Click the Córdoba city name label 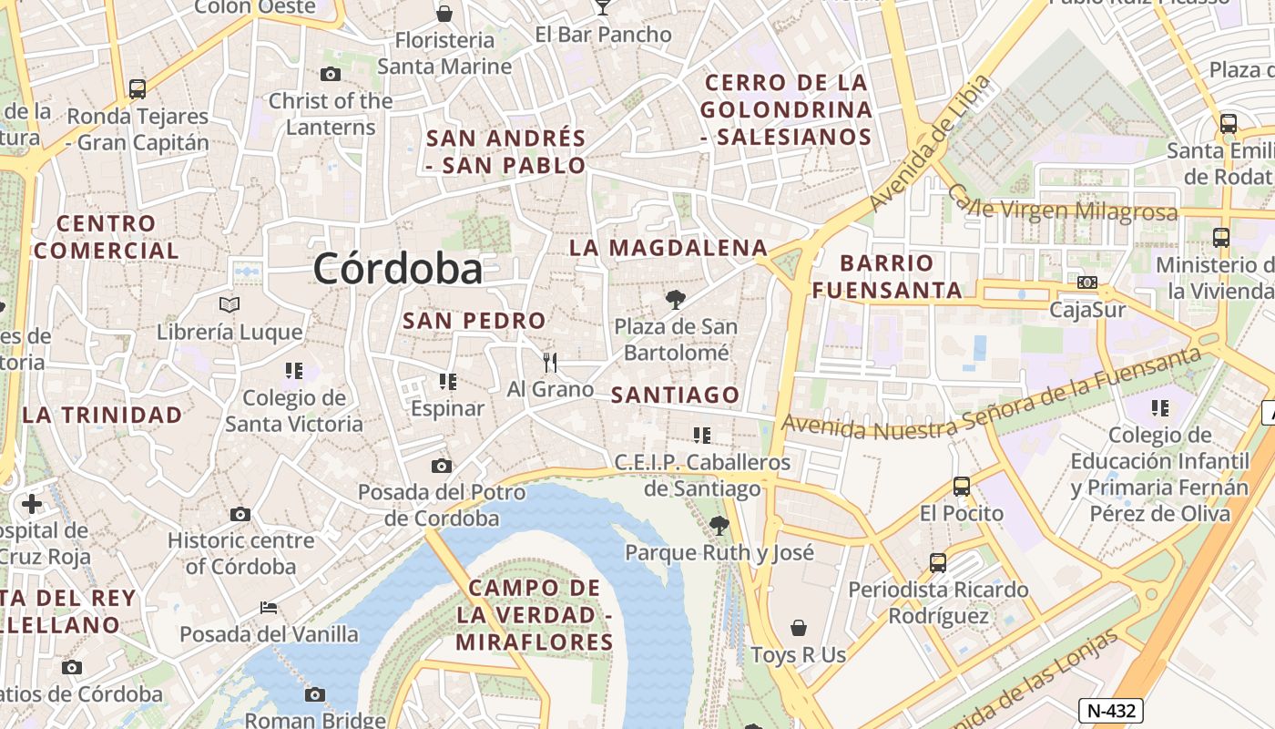pos(398,269)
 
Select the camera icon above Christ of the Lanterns pos(331,74)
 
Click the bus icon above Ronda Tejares pos(138,88)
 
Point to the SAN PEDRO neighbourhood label pos(474,321)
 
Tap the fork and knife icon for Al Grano pos(550,363)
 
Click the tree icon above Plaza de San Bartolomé pos(675,299)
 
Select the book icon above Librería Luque pos(229,304)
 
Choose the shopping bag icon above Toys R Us pos(799,628)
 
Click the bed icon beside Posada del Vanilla pos(269,607)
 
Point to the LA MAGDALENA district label pos(668,248)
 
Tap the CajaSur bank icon pos(1087,282)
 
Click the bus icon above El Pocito pos(962,487)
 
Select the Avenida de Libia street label pos(929,143)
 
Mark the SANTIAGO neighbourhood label pos(675,395)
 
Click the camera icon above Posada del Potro pos(442,467)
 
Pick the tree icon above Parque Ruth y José pos(719,525)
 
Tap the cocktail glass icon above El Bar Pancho pos(602,7)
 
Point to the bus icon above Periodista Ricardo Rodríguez pos(938,563)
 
